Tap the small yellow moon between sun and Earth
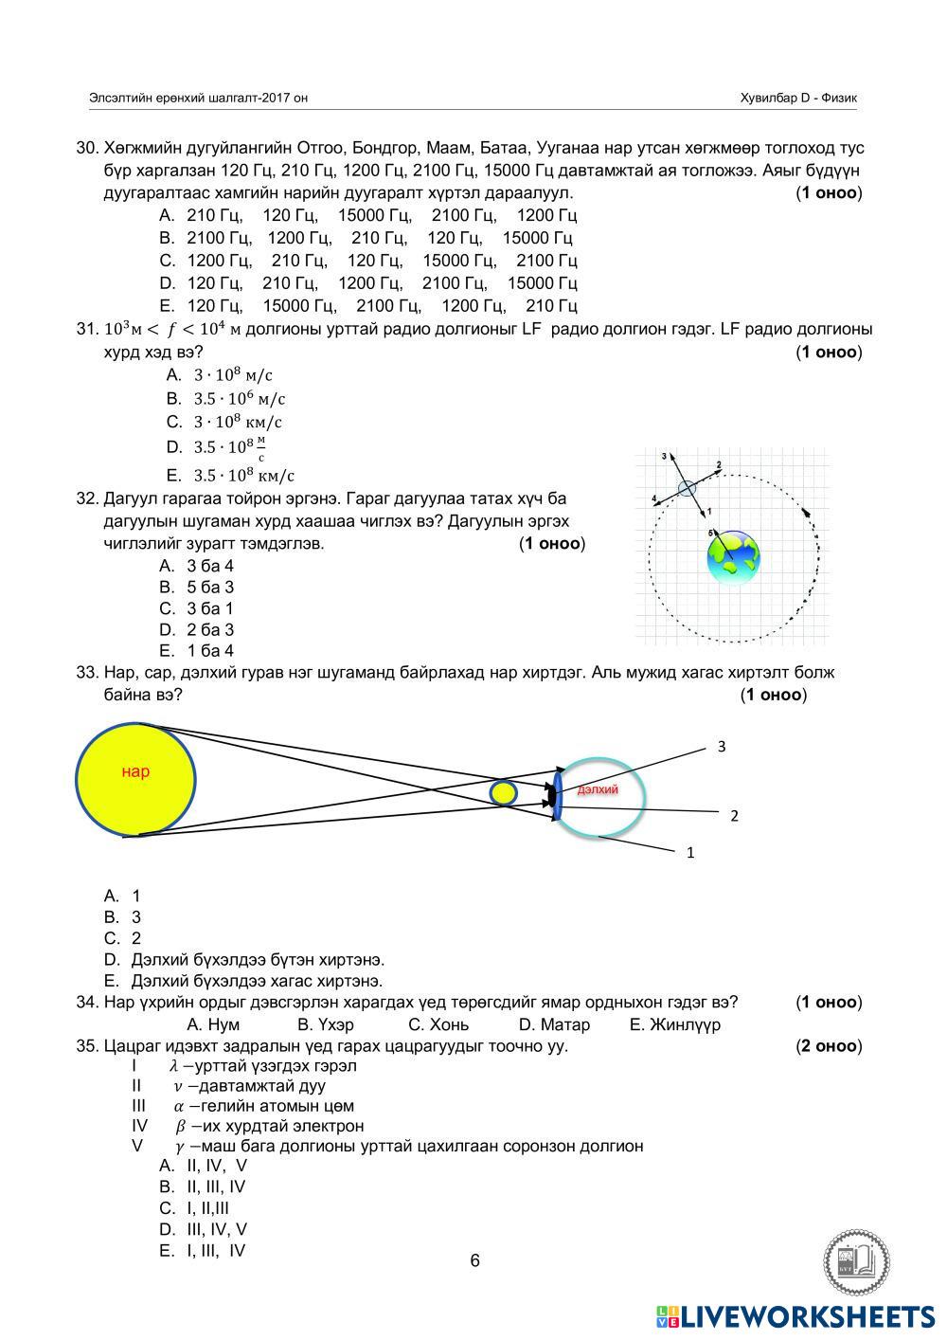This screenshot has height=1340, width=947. point(503,791)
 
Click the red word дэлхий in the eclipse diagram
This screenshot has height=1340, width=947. point(598,789)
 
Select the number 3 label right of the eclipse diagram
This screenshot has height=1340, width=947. point(722,747)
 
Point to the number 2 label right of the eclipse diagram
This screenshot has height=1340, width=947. point(734,815)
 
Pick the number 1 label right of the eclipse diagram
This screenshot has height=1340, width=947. point(690,853)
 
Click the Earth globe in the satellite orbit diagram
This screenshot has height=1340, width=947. point(734,558)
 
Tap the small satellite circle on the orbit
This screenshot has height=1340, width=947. point(687,488)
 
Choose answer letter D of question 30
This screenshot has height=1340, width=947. point(167,282)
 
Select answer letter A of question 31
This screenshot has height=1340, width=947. point(173,375)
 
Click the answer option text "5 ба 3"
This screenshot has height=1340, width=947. point(210,587)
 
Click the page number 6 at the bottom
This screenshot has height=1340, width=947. point(474,1260)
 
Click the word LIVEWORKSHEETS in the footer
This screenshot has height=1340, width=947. point(807,1316)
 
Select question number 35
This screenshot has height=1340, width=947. point(87,1046)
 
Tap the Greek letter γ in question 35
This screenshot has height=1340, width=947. point(179,1147)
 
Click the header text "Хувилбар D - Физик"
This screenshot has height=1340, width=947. point(799,98)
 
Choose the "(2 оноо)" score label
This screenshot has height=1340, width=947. point(829,1046)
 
